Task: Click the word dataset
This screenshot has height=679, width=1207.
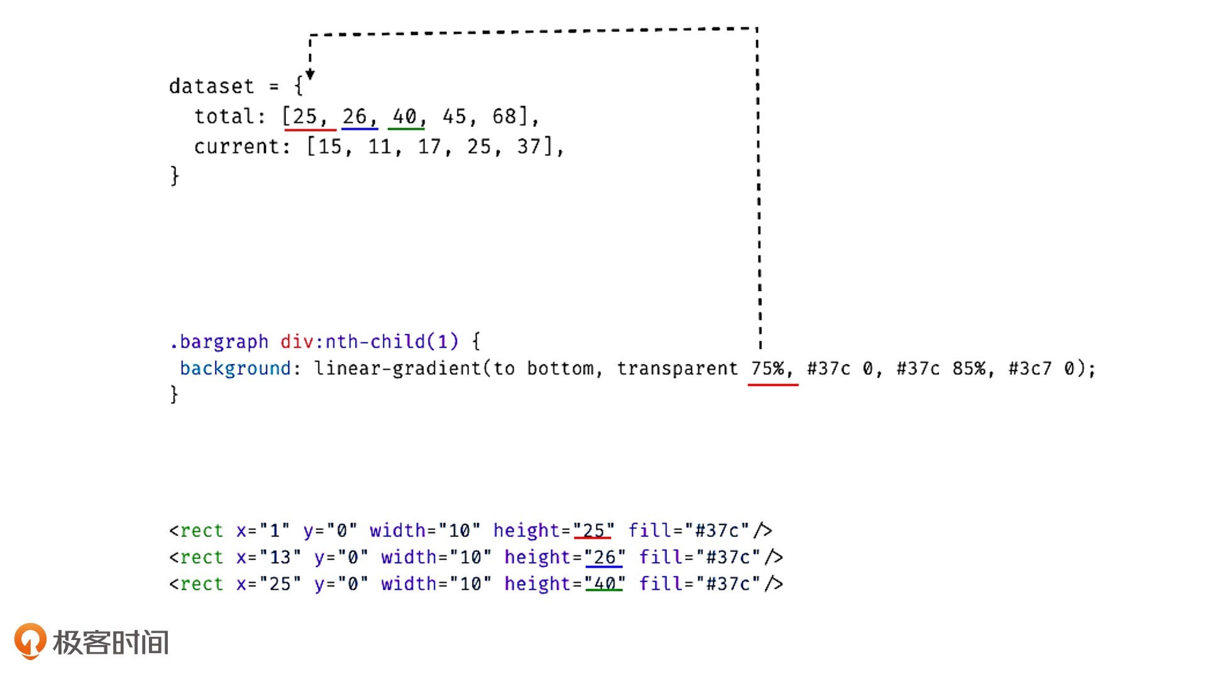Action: click(x=211, y=86)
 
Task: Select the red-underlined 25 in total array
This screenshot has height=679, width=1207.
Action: click(x=305, y=116)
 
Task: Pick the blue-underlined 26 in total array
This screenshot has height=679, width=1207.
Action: click(x=355, y=116)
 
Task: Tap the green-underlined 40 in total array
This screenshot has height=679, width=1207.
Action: click(x=405, y=116)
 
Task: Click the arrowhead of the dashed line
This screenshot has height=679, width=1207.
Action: click(x=310, y=75)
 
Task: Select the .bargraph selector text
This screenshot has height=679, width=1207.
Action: click(x=219, y=342)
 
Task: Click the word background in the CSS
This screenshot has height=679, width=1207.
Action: click(x=235, y=368)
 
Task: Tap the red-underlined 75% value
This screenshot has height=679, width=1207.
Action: click(x=768, y=368)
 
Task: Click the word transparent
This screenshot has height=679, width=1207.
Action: click(x=678, y=368)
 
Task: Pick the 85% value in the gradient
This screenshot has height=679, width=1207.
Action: click(x=969, y=368)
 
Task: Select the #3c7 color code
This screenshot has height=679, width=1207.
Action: click(x=1030, y=368)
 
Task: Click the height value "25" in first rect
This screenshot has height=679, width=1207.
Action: click(x=593, y=531)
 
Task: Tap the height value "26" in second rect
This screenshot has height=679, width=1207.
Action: click(x=605, y=557)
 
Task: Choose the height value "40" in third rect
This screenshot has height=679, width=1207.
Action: click(x=605, y=584)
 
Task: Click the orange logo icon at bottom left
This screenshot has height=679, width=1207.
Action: click(x=30, y=641)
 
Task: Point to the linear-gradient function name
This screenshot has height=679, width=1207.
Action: click(x=398, y=368)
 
